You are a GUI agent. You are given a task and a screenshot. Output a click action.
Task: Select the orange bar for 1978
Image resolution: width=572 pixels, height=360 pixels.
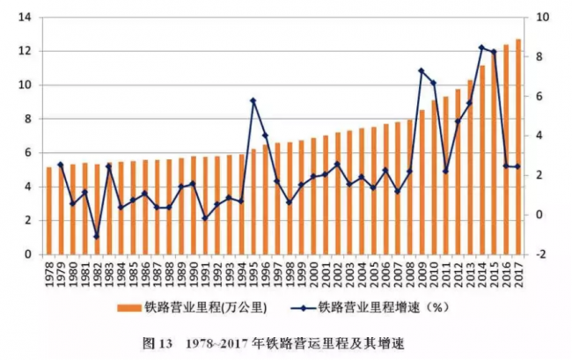tap(49, 210)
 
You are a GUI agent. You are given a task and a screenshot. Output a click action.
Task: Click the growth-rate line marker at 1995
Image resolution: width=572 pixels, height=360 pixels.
tap(253, 100)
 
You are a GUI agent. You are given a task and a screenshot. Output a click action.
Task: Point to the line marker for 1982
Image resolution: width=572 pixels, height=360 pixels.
tap(97, 237)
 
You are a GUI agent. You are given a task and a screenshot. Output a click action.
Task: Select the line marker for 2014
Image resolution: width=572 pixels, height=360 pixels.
tap(482, 48)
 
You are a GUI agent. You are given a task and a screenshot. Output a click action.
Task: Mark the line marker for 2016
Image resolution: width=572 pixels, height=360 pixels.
tap(506, 165)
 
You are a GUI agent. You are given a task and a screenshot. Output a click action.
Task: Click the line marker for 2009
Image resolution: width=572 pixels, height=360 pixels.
tap(422, 70)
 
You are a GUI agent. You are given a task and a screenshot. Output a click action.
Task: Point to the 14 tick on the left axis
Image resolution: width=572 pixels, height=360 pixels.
tap(24, 18)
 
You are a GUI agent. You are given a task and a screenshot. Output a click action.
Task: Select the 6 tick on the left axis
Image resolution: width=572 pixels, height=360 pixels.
tap(26, 152)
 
